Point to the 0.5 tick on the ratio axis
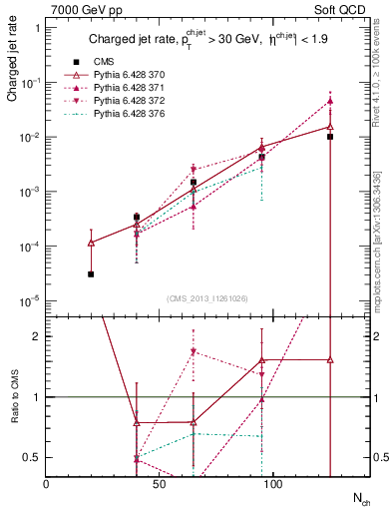33,457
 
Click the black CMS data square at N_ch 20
91,273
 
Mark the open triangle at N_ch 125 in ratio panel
330,359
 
